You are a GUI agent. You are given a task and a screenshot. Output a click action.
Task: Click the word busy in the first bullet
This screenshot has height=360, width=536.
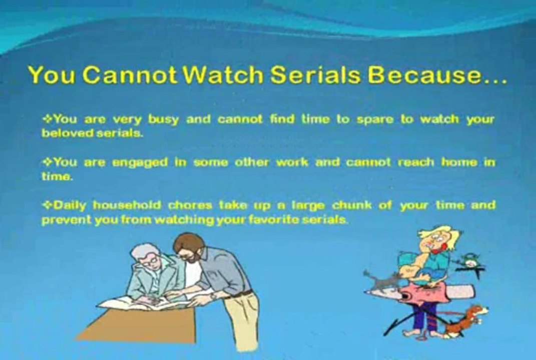point(163,120)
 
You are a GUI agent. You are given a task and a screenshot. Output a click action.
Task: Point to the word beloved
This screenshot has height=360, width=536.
point(67,133)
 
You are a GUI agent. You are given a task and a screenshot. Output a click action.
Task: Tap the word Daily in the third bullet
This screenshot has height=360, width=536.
point(70,205)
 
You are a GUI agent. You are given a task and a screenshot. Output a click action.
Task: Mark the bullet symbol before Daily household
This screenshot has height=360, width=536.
point(47,205)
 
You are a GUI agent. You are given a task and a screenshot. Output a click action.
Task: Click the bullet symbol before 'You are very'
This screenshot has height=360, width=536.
point(47,119)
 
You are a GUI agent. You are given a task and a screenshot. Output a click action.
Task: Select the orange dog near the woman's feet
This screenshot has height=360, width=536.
point(465,319)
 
